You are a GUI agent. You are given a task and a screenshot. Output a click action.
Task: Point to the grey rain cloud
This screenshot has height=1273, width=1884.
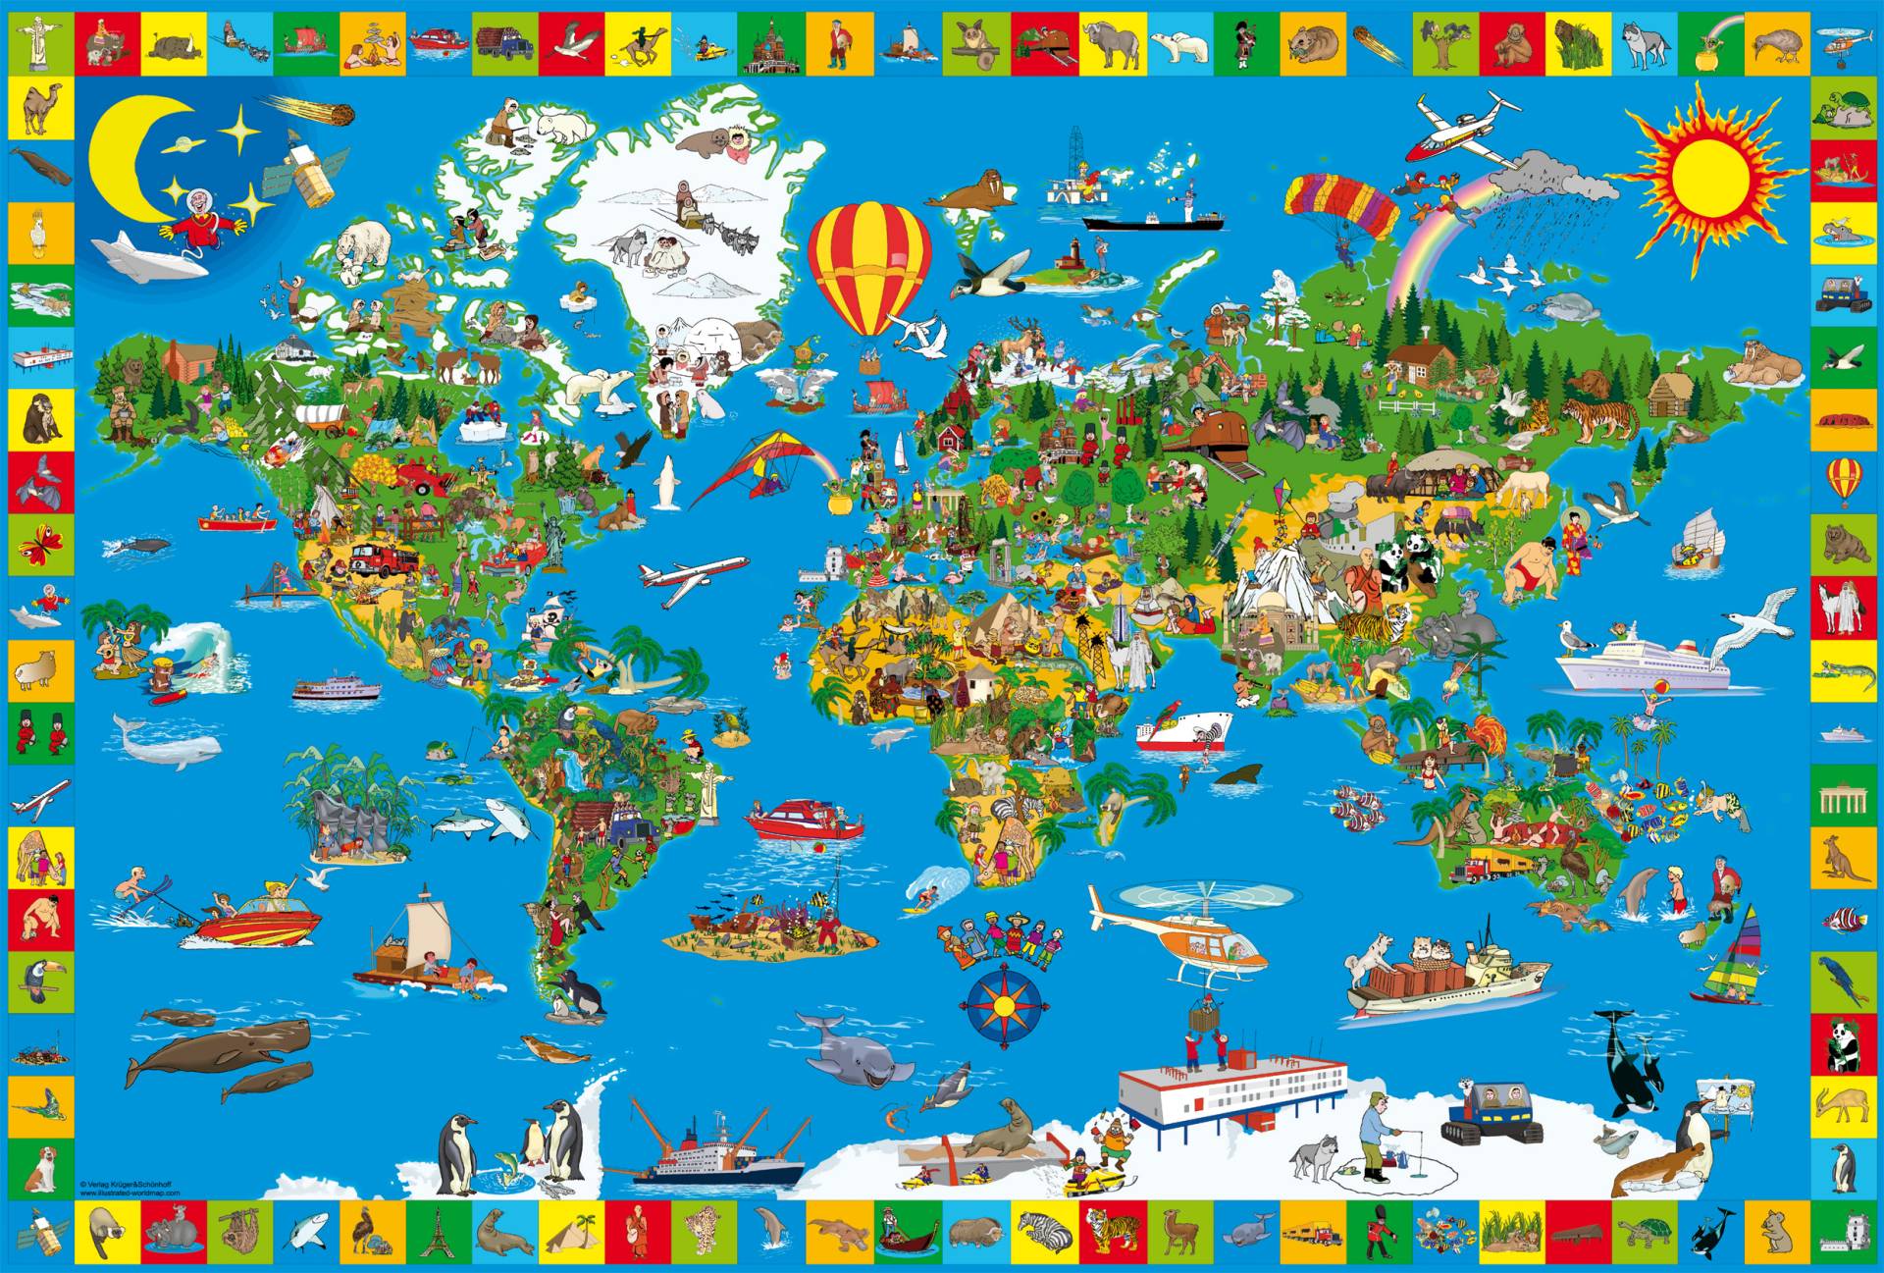[1550, 182]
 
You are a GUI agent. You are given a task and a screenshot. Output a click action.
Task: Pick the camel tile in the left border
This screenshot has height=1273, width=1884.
[41, 108]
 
